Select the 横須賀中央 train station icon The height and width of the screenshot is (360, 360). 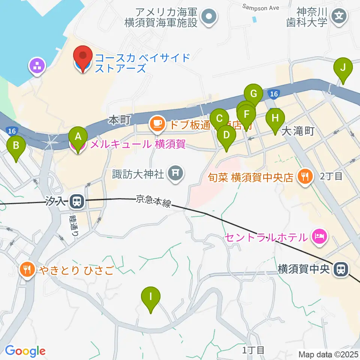341,269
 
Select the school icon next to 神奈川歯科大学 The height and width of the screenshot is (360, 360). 339,16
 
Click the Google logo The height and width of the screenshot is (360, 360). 25,351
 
